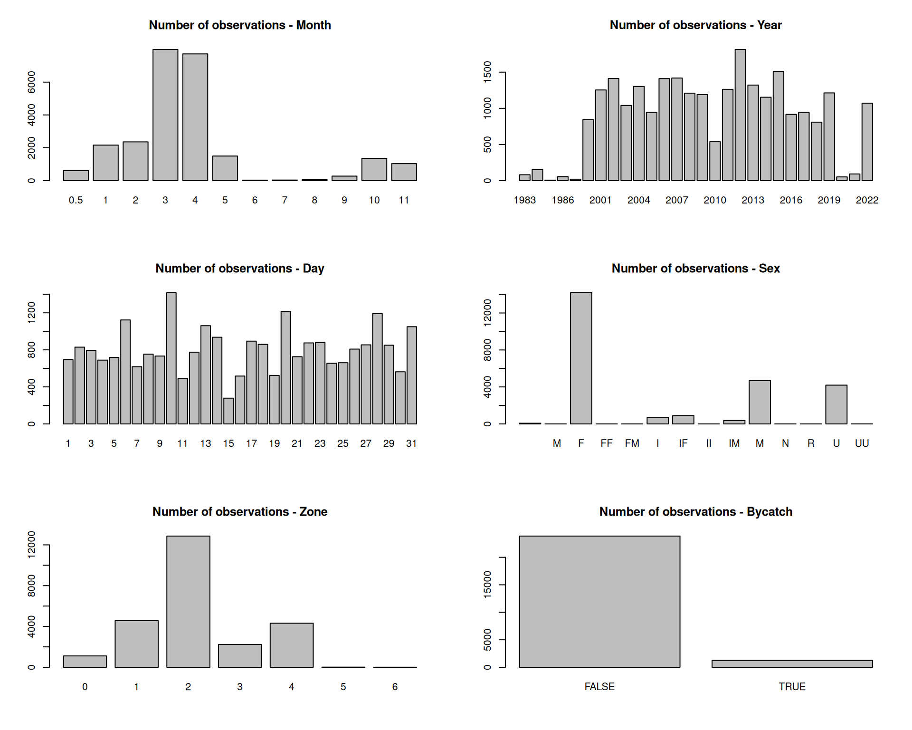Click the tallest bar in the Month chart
165,115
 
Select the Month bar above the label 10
374,170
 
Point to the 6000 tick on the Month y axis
32,82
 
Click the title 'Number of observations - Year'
695,25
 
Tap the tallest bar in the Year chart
740,115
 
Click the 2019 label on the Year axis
829,200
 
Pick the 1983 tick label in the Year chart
524,200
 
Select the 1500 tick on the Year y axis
488,72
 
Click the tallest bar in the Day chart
171,358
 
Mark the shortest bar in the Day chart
228,411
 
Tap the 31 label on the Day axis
411,443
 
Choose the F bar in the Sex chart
581,358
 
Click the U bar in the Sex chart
836,404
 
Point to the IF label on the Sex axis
683,443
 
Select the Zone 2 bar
188,602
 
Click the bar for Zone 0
85,662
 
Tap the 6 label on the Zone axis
395,687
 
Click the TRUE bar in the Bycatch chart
792,664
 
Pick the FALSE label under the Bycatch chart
599,687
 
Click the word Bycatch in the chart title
769,512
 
